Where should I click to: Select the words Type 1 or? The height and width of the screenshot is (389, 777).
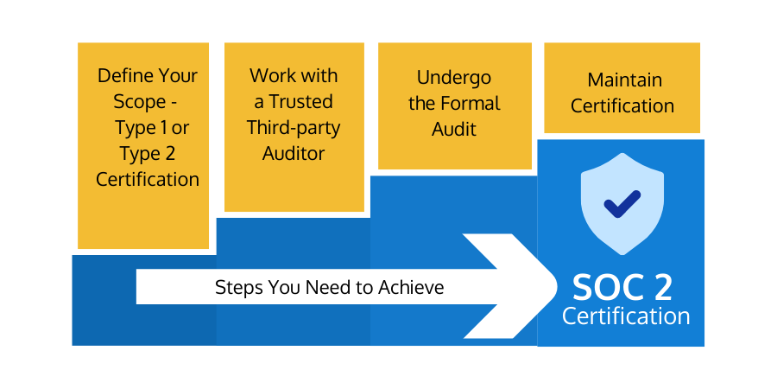(x=152, y=128)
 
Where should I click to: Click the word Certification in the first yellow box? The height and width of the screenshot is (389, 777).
(x=148, y=180)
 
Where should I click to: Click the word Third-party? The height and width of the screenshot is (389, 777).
(x=294, y=128)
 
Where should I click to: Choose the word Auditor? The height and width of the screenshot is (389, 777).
(x=294, y=154)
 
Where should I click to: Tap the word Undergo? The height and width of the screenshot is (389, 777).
(x=454, y=78)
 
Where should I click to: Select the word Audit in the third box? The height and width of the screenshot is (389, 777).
(x=454, y=130)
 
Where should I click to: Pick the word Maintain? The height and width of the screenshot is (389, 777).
(x=625, y=80)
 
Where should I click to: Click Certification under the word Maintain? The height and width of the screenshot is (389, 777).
(x=622, y=106)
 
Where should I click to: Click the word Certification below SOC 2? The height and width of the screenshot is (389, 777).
(x=626, y=316)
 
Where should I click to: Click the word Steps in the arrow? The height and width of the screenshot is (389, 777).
(x=238, y=287)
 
